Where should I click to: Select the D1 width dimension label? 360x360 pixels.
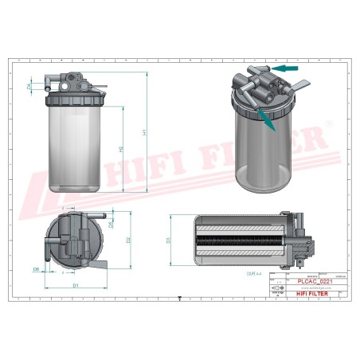(75, 284)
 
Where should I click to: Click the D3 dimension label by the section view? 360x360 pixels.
(168, 239)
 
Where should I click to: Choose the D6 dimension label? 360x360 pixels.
(37, 270)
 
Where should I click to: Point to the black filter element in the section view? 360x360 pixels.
(239, 239)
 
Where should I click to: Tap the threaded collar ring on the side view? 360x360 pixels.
(75, 100)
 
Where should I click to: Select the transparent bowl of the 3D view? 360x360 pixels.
(262, 155)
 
